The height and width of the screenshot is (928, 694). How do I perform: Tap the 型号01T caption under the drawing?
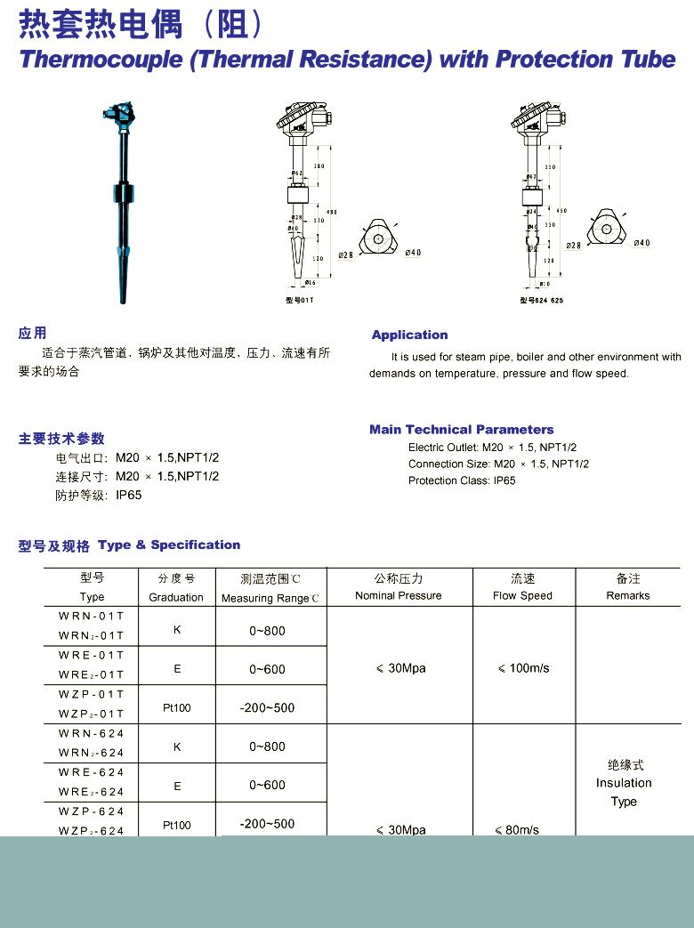(x=300, y=301)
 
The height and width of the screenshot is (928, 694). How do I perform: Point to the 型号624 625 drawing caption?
(x=541, y=301)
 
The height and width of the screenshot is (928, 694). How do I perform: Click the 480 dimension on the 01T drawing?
(x=332, y=212)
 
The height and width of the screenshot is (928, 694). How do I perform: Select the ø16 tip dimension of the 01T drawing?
(x=310, y=283)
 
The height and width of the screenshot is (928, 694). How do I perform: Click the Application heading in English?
(x=409, y=335)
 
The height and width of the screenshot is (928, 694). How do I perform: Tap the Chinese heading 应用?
(x=32, y=334)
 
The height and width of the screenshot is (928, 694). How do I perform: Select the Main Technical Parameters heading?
(x=461, y=429)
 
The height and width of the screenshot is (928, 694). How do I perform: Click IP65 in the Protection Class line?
(x=504, y=480)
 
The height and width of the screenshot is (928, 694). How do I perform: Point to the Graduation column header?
(x=176, y=597)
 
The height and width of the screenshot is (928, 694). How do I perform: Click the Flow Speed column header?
(x=522, y=596)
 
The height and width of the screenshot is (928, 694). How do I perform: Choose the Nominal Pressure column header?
(x=398, y=596)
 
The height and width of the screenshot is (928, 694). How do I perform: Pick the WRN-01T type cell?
(x=92, y=616)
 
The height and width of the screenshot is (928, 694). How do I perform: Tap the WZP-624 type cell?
(x=92, y=811)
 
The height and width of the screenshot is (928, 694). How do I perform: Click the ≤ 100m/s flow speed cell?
(x=523, y=668)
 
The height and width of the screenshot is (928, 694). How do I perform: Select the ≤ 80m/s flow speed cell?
(x=517, y=830)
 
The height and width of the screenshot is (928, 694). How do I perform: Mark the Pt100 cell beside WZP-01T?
(x=176, y=708)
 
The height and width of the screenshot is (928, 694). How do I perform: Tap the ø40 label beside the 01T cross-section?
(x=413, y=253)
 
